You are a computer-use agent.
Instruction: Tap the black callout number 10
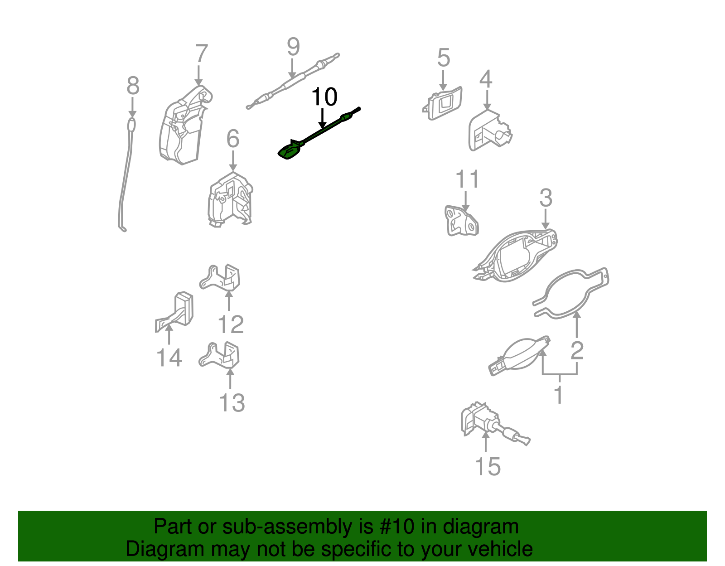pos(324,97)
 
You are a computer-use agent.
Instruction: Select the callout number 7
pos(201,54)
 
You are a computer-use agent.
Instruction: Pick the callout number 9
pos(294,47)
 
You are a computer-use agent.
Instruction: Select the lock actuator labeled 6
pos(230,199)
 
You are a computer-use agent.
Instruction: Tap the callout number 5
pos(444,58)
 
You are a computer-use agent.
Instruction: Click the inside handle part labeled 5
pos(443,104)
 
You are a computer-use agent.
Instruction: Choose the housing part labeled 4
pos(489,131)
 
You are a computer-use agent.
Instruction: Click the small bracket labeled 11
pos(461,221)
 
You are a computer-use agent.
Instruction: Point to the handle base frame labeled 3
pos(517,256)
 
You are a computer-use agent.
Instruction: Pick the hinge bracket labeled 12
pos(222,278)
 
